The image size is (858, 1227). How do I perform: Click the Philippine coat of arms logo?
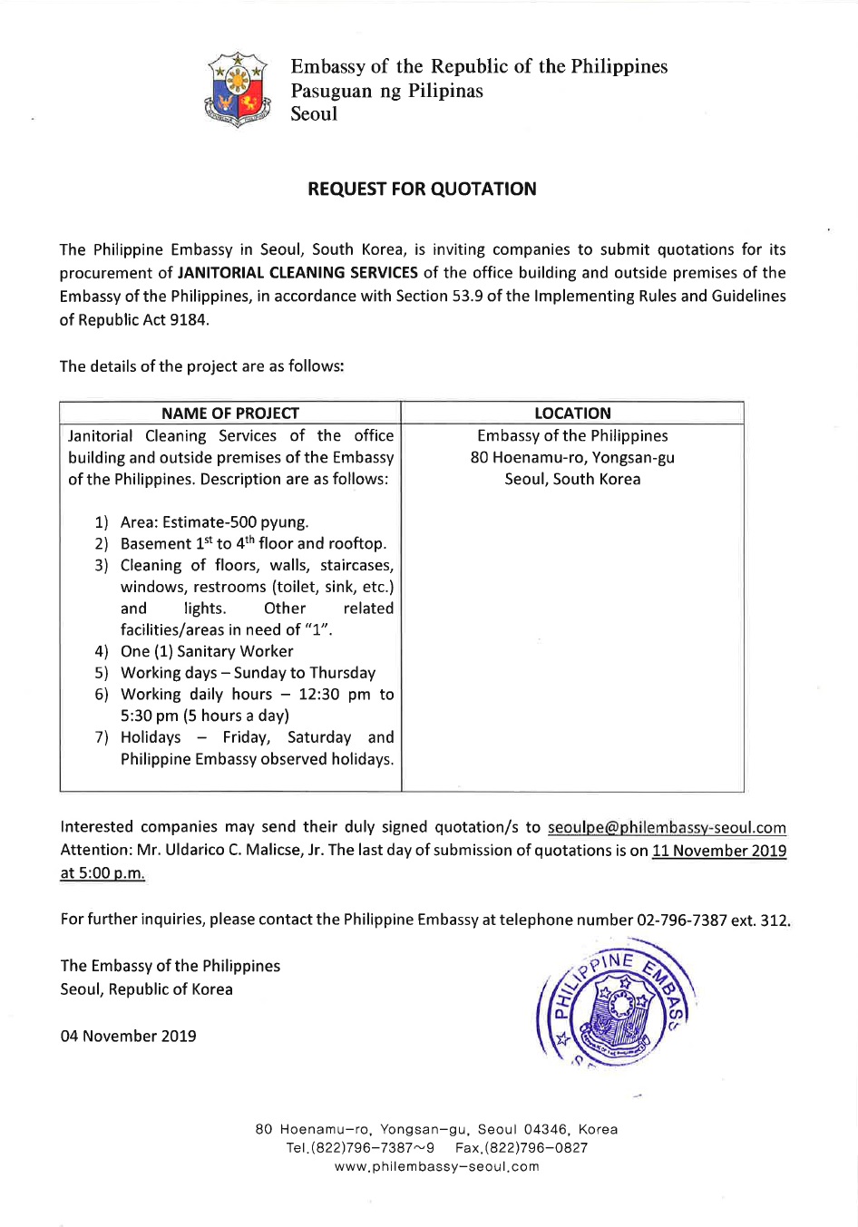(239, 89)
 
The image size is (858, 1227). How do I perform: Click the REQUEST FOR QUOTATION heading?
(422, 189)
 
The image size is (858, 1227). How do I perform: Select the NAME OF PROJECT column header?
(230, 413)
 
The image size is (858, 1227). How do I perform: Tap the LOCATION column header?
(572, 413)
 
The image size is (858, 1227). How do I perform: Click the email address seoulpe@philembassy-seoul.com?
(667, 827)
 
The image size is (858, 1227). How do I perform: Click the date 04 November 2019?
(128, 1036)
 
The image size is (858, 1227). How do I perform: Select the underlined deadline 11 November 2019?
(719, 851)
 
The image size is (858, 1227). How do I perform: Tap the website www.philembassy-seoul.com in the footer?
(436, 1166)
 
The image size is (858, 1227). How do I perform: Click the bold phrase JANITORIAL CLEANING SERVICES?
(297, 272)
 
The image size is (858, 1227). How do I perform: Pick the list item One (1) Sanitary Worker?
(207, 651)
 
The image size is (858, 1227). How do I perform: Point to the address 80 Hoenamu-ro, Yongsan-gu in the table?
(572, 457)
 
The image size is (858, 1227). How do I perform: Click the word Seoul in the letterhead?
(314, 113)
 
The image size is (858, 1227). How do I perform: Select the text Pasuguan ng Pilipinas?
(386, 90)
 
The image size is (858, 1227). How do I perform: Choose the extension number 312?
(774, 920)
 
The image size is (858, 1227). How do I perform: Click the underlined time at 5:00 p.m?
(102, 873)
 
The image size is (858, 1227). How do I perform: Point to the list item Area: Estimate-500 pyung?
(214, 521)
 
